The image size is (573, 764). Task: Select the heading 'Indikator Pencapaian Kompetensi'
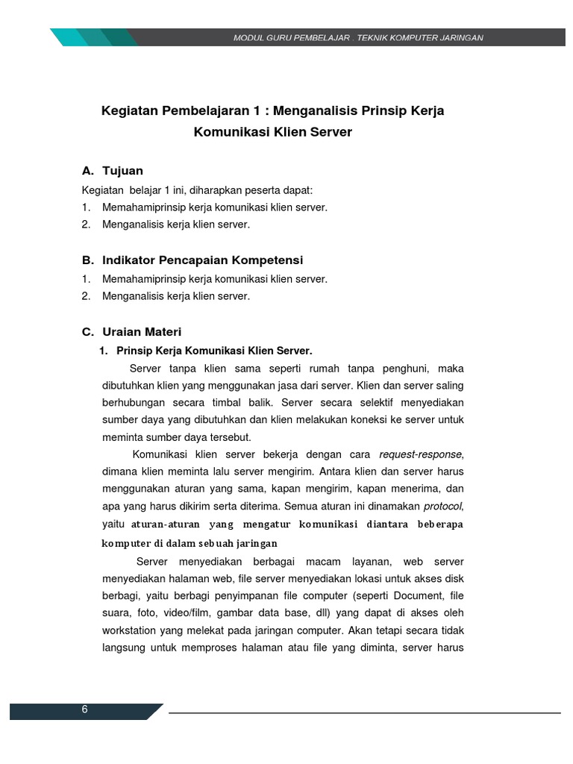tap(202, 260)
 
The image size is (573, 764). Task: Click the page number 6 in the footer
tap(85, 710)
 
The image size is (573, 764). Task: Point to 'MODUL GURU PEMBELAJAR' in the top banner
tap(292, 37)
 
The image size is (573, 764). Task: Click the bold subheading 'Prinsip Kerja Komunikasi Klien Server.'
tap(214, 351)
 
